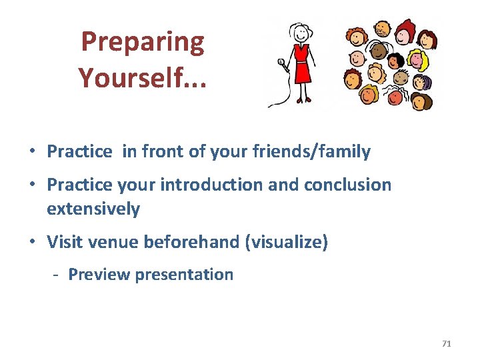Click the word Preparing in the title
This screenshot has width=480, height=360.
142,43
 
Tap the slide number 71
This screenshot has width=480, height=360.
446,343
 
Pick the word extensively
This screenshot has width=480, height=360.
93,209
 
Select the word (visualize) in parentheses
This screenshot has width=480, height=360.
287,241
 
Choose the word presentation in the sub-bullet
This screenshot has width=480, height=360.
184,275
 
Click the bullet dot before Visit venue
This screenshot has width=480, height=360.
33,242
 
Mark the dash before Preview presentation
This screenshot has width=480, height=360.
58,275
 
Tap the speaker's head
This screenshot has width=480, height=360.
301,32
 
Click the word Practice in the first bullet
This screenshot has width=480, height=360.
79,151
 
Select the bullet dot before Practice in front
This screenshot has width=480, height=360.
33,152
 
